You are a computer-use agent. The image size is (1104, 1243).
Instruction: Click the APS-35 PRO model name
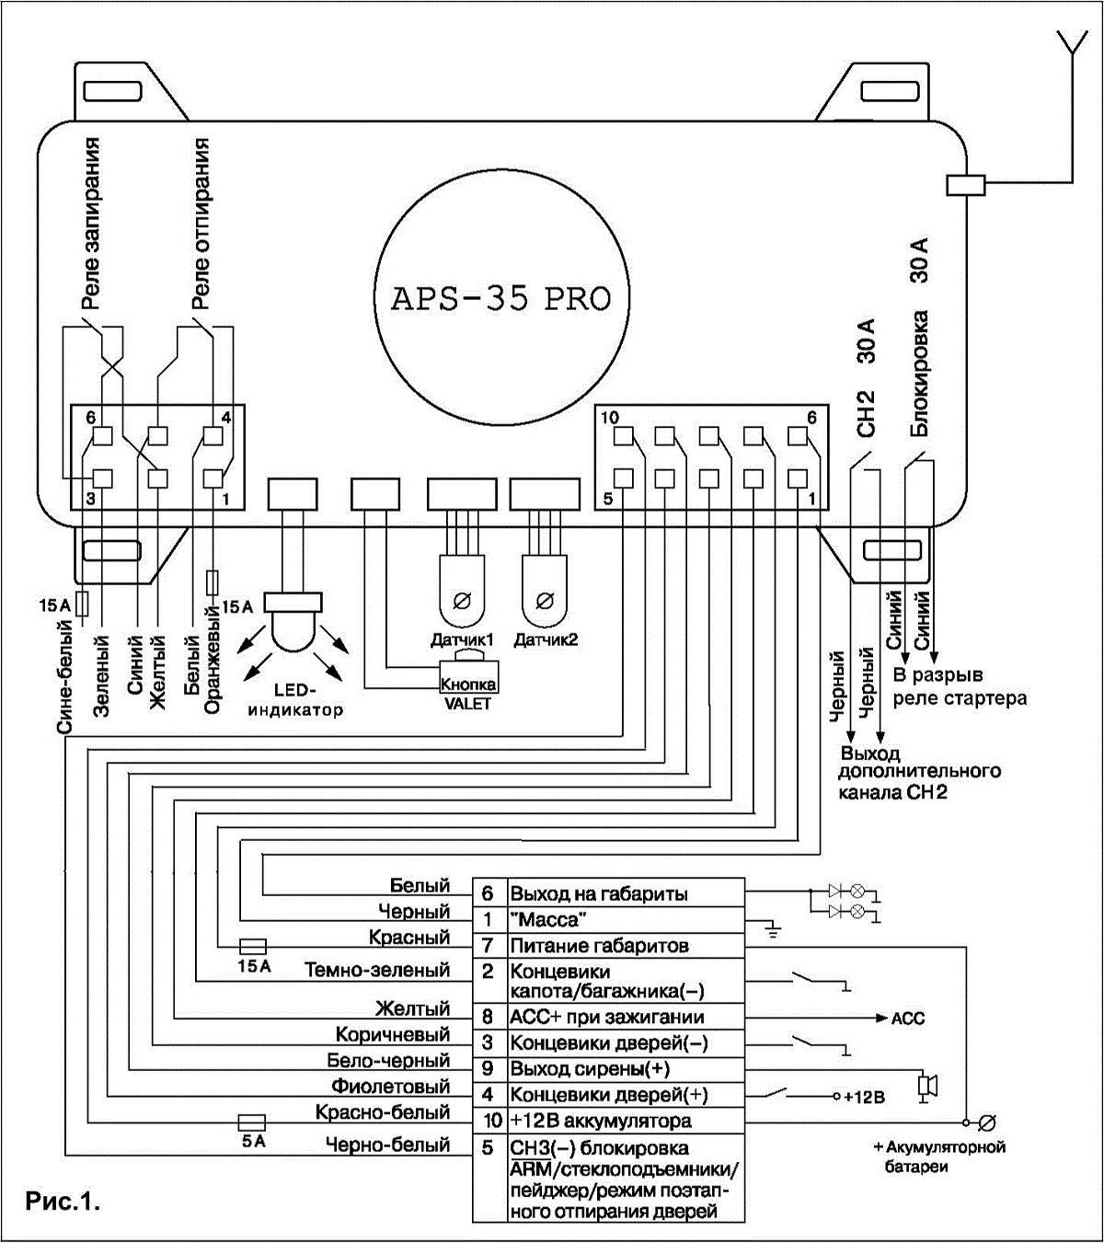click(x=500, y=299)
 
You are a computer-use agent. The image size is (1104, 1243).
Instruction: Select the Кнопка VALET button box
click(x=469, y=677)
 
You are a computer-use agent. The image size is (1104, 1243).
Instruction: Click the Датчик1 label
click(x=462, y=640)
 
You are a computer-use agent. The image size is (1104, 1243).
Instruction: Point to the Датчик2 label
click(x=546, y=640)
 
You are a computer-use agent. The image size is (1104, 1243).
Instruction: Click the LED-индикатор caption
click(x=295, y=700)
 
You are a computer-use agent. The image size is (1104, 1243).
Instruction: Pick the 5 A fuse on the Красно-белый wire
click(x=251, y=1122)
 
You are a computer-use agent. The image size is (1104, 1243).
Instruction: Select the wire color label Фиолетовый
click(x=391, y=1087)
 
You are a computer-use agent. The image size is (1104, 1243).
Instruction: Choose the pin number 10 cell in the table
click(x=491, y=1121)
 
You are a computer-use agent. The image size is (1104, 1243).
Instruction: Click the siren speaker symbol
click(x=927, y=1087)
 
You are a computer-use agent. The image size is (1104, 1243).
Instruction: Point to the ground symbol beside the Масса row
click(x=773, y=930)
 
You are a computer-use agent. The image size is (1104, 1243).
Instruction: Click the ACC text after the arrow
click(x=908, y=1019)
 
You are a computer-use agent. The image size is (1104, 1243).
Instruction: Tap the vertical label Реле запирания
click(x=90, y=224)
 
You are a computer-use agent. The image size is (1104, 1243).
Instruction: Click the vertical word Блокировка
click(x=919, y=374)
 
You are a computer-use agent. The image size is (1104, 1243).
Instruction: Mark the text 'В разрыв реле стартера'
click(x=960, y=686)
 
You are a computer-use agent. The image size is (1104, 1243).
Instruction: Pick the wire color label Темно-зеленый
click(x=377, y=970)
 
